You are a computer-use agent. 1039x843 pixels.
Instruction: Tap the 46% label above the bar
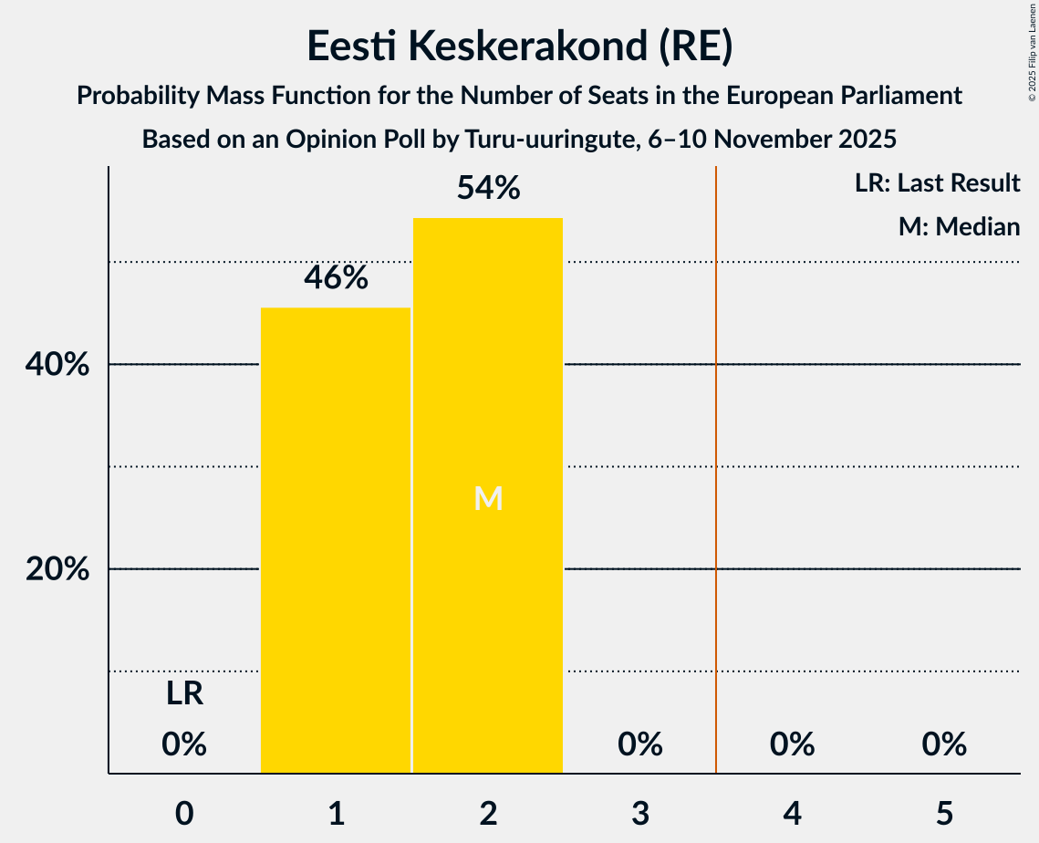336,278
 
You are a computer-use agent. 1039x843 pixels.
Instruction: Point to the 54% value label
488,188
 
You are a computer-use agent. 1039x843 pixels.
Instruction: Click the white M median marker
488,498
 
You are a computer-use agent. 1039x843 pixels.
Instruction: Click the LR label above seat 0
184,694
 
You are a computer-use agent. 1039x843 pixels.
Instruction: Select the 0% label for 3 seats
639,744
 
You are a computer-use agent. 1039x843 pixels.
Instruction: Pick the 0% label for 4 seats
792,744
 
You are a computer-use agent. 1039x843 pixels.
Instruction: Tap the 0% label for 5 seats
943,744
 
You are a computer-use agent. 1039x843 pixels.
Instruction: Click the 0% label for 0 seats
184,744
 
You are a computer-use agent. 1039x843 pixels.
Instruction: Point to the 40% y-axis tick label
57,365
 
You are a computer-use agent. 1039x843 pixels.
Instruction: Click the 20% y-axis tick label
57,569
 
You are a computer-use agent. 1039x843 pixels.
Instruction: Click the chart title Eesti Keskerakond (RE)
519,46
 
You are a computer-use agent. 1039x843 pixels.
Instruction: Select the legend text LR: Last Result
937,183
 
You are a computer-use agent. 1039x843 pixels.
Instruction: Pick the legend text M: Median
959,226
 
